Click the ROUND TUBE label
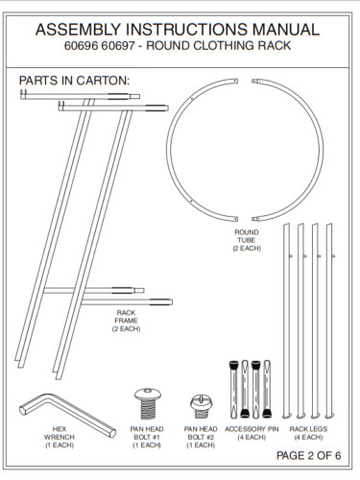click(247, 236)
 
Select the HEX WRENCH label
click(59, 433)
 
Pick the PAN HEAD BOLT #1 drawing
click(147, 401)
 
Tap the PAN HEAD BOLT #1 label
click(147, 433)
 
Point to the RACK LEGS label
click(307, 429)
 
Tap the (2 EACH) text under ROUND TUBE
click(247, 249)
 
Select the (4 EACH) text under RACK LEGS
click(307, 438)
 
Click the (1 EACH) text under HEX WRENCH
click(59, 445)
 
